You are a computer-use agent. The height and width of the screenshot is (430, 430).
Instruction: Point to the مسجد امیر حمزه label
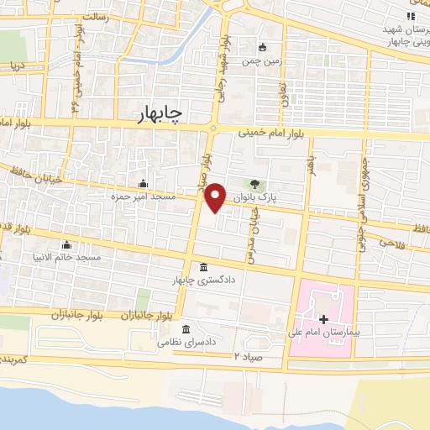click(x=144, y=196)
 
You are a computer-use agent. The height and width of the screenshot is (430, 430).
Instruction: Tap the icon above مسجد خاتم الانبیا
click(x=66, y=244)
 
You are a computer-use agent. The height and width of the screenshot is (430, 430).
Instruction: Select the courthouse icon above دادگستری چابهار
click(x=203, y=267)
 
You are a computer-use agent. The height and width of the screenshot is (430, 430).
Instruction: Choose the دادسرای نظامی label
click(x=184, y=341)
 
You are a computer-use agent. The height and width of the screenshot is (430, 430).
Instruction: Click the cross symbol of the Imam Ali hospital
click(x=324, y=319)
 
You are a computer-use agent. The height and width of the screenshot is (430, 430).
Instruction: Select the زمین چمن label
click(x=262, y=60)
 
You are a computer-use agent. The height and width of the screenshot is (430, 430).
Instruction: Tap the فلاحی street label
click(x=392, y=242)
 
